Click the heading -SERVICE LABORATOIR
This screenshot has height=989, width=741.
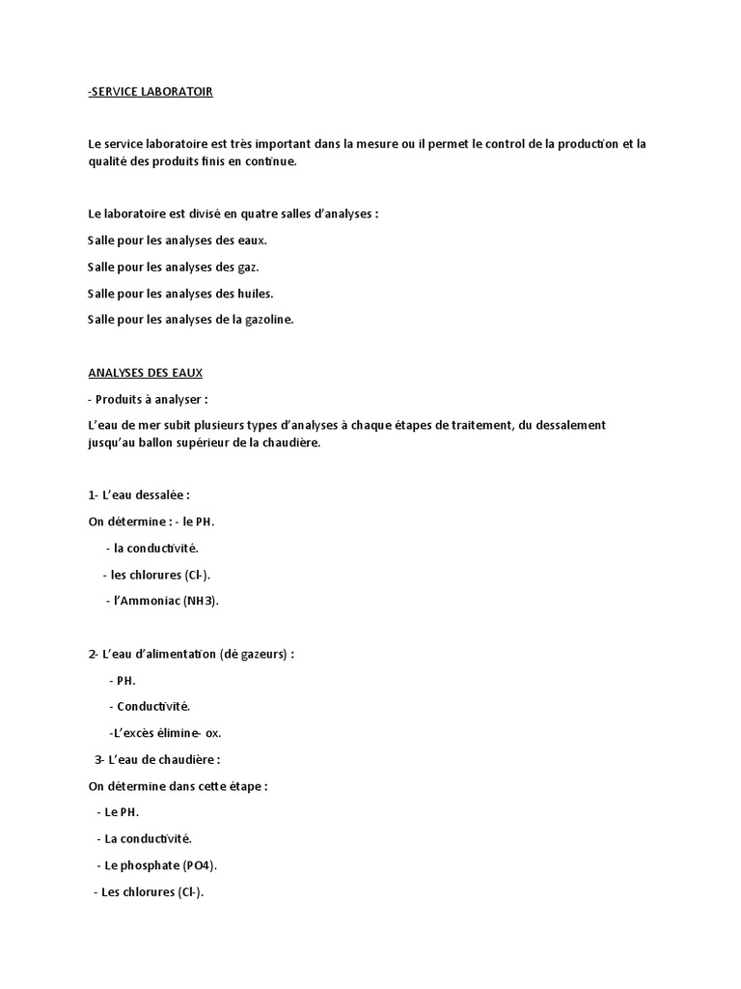(x=150, y=92)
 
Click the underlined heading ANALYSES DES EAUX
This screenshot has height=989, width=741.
(x=146, y=373)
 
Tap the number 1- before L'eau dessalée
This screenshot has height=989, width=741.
(x=94, y=495)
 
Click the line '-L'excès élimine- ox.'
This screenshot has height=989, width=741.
(x=165, y=733)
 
